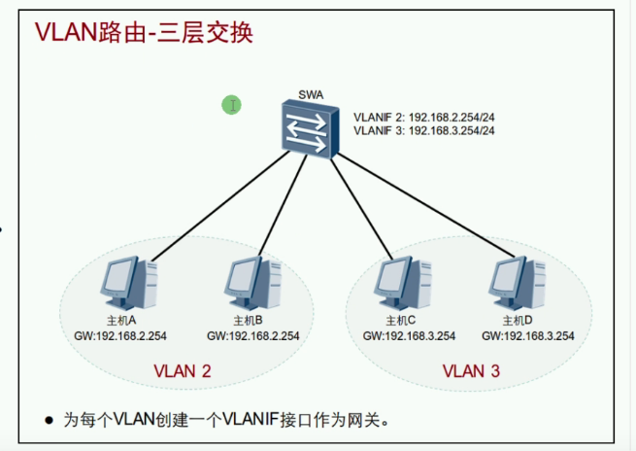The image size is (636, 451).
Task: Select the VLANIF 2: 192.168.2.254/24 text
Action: click(425, 116)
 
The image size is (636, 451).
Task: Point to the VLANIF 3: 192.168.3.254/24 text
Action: click(425, 130)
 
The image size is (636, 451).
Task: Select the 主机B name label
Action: click(249, 320)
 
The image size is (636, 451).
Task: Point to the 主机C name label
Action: click(401, 320)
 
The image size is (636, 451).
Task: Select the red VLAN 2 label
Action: click(183, 370)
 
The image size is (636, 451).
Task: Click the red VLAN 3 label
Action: click(472, 370)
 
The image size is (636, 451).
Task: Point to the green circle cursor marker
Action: click(231, 104)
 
